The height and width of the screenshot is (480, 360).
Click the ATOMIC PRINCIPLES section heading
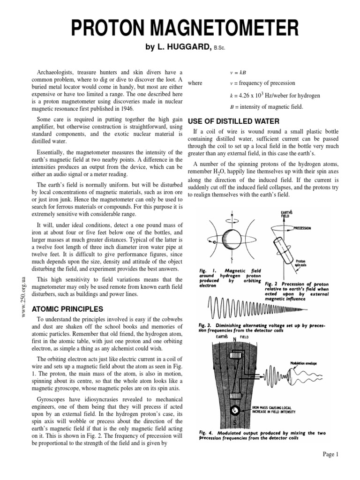[x=67, y=309]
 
